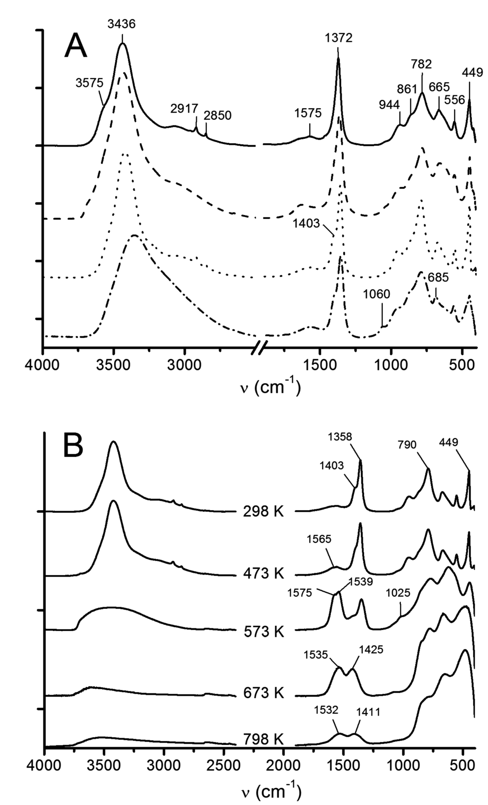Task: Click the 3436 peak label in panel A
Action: coord(121,24)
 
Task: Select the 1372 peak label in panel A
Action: coord(339,38)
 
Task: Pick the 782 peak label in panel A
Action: coord(421,63)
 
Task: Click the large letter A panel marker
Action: coord(76,46)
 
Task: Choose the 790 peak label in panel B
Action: coord(407,444)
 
